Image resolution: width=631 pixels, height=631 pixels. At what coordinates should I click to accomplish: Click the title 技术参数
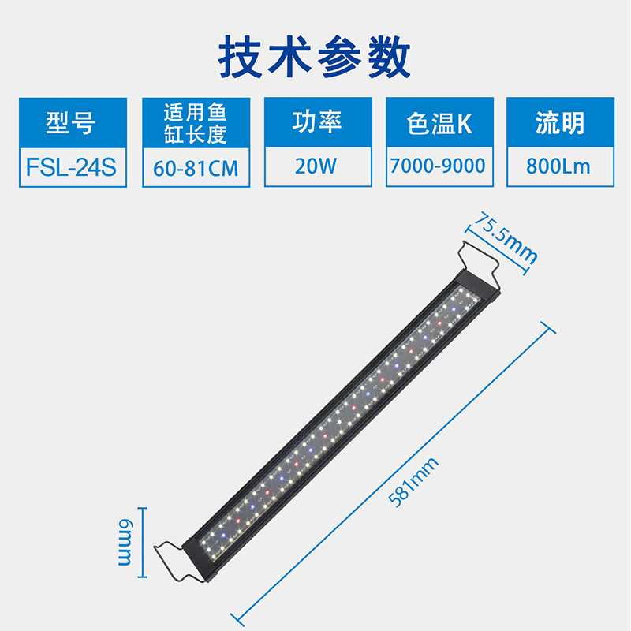point(315,57)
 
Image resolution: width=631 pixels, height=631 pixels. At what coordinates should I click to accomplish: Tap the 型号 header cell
point(71,123)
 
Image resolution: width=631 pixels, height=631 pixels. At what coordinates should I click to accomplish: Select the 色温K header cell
point(439,123)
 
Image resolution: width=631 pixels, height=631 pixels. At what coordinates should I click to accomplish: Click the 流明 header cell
point(559,123)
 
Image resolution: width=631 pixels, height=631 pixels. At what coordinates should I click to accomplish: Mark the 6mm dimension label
point(126,543)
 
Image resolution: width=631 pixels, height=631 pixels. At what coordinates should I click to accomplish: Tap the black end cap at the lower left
point(202,559)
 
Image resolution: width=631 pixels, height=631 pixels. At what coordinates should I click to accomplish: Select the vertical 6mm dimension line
point(142,543)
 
